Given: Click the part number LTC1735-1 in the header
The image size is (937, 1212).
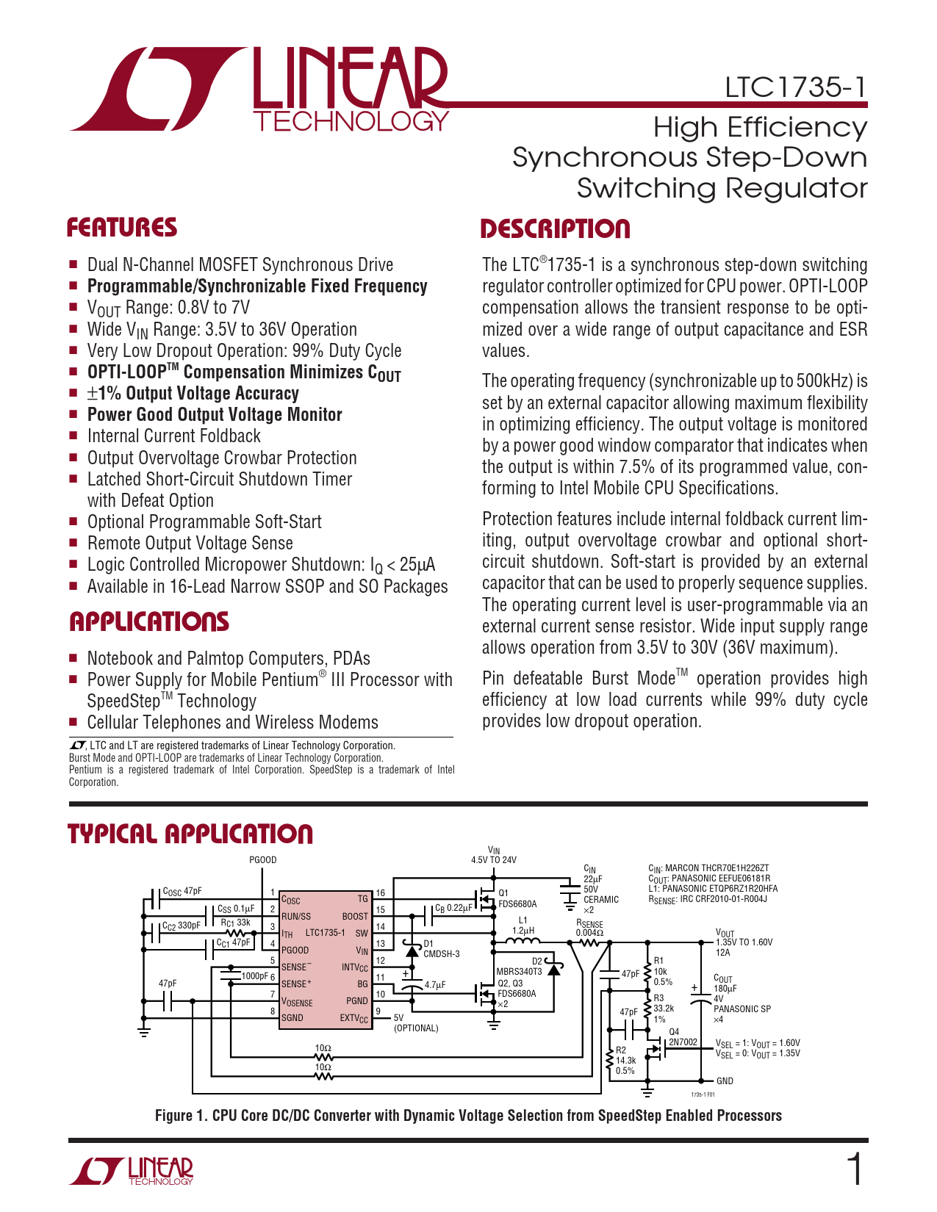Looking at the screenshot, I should [795, 87].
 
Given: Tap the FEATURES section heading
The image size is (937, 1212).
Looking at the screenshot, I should [122, 228].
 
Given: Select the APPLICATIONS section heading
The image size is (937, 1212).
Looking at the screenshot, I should [149, 622].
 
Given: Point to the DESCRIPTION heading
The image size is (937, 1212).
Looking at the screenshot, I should [555, 228].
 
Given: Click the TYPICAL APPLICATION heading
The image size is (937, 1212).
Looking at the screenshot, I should [190, 834].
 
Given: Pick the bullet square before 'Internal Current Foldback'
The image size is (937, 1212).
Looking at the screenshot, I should [73, 436].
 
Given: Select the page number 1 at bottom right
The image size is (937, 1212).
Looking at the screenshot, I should [855, 1170].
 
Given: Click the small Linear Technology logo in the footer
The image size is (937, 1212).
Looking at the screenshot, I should [132, 1171].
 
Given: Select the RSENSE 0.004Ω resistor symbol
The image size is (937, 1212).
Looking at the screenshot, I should [590, 942].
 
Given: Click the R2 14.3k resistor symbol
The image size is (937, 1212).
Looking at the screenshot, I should [609, 1060].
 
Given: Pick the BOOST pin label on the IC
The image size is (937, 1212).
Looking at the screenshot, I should [355, 916].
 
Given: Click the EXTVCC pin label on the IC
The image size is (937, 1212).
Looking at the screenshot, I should [353, 1018].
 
